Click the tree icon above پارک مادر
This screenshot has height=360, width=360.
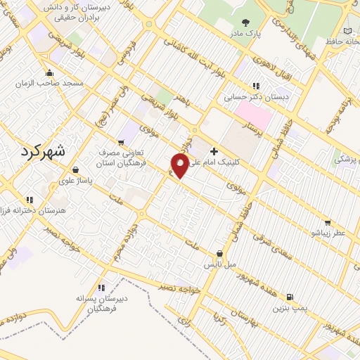pos(245,22)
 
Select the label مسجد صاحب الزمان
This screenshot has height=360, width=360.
pos(50,83)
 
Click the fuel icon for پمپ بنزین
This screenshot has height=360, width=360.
pos(290,297)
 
